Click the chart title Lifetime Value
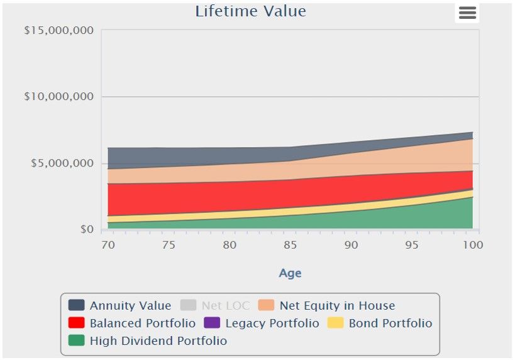(x=250, y=11)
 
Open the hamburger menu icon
(x=467, y=13)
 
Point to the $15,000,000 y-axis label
(x=58, y=30)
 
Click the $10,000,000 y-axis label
(x=58, y=96)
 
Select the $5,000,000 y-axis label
(x=62, y=163)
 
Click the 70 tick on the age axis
(x=108, y=245)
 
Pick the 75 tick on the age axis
(x=169, y=245)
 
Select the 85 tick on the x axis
(x=291, y=245)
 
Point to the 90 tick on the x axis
(x=351, y=245)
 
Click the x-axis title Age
(x=290, y=273)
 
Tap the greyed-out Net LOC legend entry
(x=226, y=306)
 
